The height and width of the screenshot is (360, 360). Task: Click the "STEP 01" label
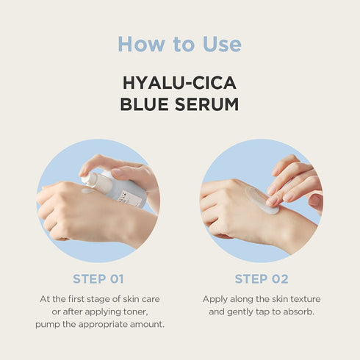98,279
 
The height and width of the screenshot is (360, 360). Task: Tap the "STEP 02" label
261,279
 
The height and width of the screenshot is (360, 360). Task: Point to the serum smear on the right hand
262,200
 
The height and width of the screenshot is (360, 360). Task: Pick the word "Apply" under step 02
216,299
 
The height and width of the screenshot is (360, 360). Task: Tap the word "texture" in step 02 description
303,299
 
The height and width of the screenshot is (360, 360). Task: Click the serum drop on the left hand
87,191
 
